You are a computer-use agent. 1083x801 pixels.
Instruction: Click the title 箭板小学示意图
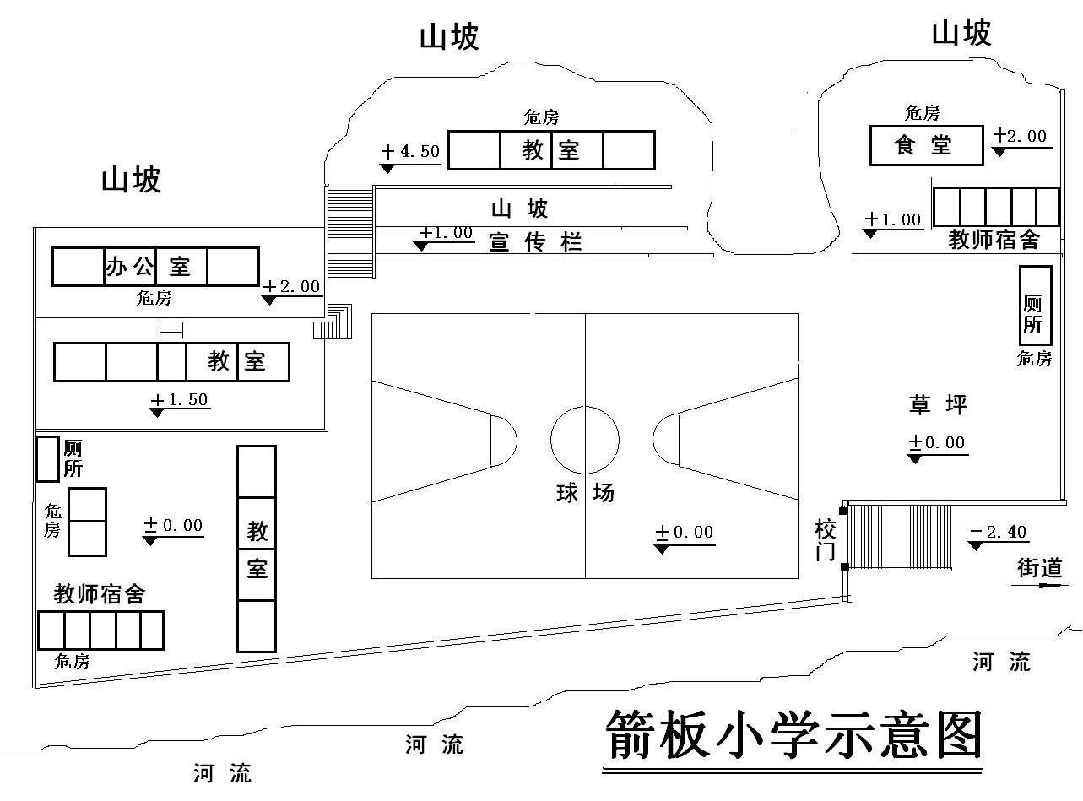(794, 736)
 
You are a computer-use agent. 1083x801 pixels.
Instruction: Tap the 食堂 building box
(926, 145)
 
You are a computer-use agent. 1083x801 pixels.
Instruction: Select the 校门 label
(825, 540)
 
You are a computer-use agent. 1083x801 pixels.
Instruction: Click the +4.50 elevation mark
(410, 153)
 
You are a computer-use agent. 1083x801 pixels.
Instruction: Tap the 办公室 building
(155, 267)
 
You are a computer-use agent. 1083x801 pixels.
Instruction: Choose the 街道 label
(1039, 568)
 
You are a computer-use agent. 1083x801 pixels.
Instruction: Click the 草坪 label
(937, 405)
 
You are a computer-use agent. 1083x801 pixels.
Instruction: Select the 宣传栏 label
(536, 243)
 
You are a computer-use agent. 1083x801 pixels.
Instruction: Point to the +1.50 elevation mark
(180, 401)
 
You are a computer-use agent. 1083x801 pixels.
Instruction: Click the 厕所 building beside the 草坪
(1035, 305)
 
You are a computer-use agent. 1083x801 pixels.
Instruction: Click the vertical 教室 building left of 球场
(257, 549)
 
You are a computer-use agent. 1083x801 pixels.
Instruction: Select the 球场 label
(584, 493)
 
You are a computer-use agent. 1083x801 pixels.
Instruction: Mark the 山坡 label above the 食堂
(961, 34)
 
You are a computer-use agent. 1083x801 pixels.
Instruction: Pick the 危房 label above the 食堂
(921, 113)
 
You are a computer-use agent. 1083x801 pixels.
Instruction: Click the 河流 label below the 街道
(1001, 662)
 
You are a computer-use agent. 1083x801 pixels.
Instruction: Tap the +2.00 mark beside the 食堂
(1021, 138)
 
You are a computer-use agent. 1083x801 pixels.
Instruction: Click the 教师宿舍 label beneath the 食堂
(994, 240)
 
